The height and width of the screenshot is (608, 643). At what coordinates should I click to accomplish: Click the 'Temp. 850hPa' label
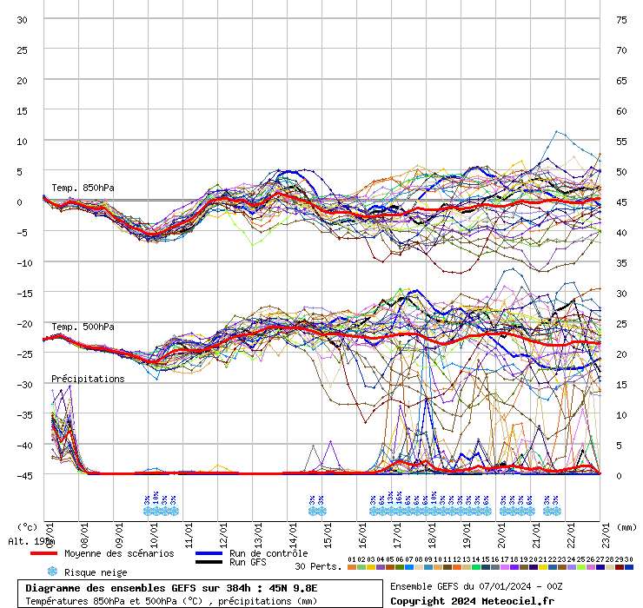(x=83, y=188)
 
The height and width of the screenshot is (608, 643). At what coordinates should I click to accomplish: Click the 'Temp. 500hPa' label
(x=83, y=327)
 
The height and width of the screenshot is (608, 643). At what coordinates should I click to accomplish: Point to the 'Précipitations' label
(x=88, y=379)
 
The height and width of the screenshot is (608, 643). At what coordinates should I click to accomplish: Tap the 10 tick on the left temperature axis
(x=23, y=141)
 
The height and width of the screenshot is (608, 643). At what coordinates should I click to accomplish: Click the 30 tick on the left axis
(x=23, y=19)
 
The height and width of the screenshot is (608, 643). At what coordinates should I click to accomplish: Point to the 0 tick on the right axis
(x=620, y=475)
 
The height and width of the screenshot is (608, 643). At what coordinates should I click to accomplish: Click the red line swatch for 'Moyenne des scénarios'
(x=43, y=553)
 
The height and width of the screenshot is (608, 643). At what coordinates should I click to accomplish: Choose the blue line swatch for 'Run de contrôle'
(x=209, y=553)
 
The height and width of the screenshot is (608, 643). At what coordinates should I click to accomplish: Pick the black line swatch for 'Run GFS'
(x=209, y=563)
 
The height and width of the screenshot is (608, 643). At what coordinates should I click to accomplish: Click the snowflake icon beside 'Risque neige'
(x=51, y=572)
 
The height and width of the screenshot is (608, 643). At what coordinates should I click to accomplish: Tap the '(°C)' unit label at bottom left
(x=28, y=526)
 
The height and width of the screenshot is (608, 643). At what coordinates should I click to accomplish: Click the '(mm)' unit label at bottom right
(x=627, y=526)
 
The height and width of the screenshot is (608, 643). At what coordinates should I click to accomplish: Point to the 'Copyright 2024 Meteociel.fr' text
(x=473, y=600)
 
